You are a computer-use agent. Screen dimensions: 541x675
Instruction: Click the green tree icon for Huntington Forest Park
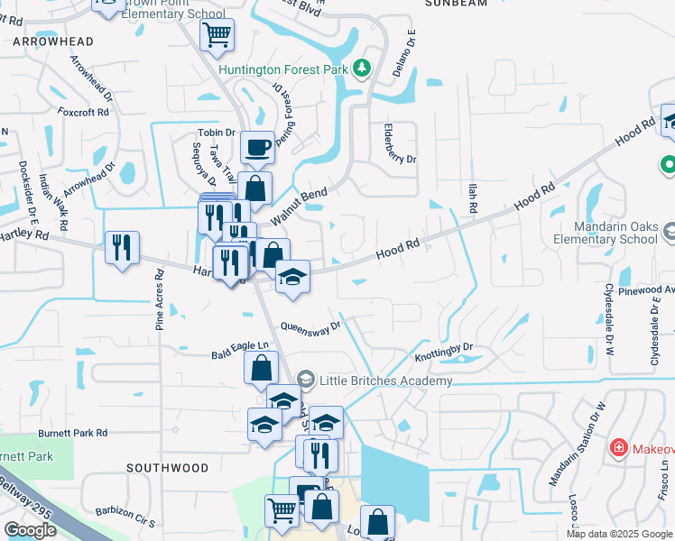tap(361, 69)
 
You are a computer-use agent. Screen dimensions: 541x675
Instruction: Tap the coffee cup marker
tap(257, 146)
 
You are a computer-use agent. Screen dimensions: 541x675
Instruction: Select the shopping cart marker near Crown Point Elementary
tap(217, 36)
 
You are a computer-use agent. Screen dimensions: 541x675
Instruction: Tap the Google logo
tap(31, 530)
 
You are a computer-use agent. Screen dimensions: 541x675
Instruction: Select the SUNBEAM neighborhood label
tap(456, 4)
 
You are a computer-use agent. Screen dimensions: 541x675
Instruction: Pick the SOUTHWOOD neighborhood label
tap(167, 468)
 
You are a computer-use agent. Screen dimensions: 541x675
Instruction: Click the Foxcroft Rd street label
tap(83, 113)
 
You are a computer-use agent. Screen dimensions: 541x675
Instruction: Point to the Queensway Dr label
tap(310, 326)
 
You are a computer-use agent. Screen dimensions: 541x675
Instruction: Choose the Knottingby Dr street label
tap(444, 352)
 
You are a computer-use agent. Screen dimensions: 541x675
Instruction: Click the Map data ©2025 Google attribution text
tap(620, 534)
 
